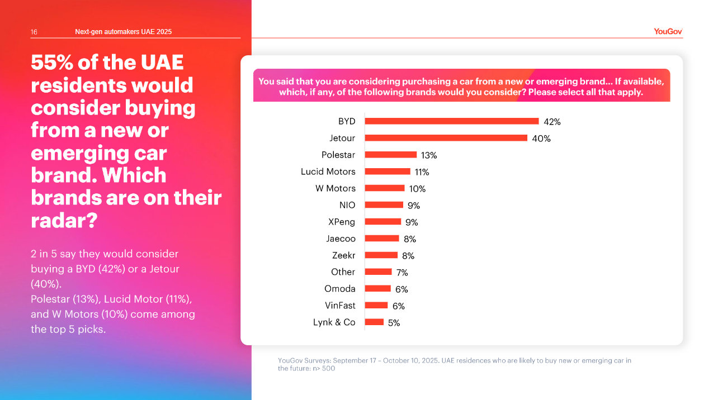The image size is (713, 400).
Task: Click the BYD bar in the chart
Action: click(x=451, y=121)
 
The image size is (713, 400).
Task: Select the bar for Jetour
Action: click(x=446, y=138)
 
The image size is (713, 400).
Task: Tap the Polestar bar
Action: click(x=390, y=155)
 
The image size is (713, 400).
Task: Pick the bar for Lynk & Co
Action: click(x=374, y=322)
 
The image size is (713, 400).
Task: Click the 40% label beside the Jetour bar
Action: click(x=541, y=139)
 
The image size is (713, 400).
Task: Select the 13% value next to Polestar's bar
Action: click(x=429, y=155)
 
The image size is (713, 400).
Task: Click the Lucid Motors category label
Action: click(x=328, y=172)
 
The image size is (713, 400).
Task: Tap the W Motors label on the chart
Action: click(x=335, y=188)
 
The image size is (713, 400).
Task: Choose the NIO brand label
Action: click(x=347, y=205)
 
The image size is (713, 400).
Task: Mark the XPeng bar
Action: click(x=383, y=222)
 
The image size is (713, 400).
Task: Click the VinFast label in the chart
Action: click(x=340, y=306)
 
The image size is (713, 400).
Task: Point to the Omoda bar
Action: click(x=377, y=289)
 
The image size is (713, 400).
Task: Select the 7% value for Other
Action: click(x=402, y=273)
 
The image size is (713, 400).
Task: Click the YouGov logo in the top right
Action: click(x=668, y=32)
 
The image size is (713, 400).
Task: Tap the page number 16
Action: click(x=34, y=32)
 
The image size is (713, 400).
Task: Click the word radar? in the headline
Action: click(x=64, y=221)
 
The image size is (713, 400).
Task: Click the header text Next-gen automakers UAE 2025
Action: click(x=123, y=32)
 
